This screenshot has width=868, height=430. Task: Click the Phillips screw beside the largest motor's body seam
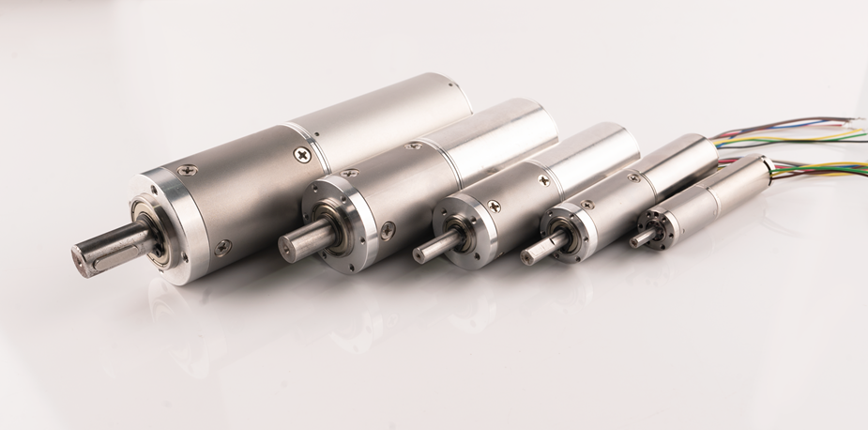coord(302,154)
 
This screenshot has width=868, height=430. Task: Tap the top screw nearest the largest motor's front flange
coord(188,171)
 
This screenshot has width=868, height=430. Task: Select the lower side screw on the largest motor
coord(221,247)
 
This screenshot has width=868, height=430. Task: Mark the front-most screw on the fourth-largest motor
coord(587,204)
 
